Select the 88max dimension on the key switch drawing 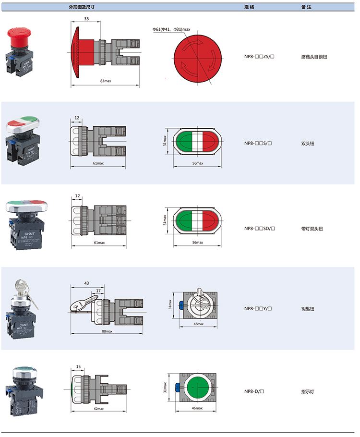[x=107, y=331]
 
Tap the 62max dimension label [x=99, y=409]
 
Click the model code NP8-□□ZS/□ [x=259, y=57]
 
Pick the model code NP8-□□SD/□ [x=259, y=229]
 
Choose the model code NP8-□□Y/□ [x=259, y=309]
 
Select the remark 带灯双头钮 [x=312, y=229]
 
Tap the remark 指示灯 [x=308, y=391]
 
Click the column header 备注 [x=306, y=8]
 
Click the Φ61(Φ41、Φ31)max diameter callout [x=171, y=30]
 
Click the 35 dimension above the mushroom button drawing [x=86, y=18]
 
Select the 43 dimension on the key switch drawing [x=86, y=283]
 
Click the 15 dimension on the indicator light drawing [x=78, y=367]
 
